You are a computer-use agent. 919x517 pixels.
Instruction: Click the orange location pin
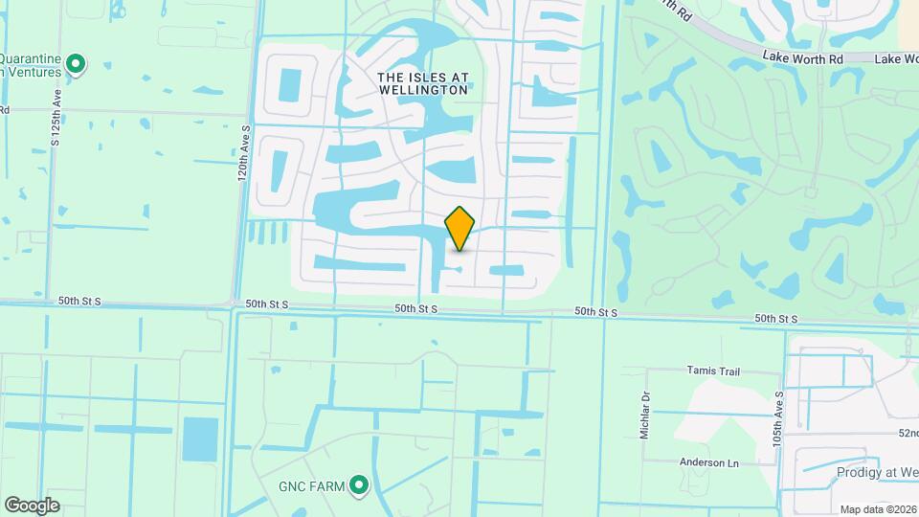460,228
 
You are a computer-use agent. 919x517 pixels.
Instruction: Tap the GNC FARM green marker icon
359,486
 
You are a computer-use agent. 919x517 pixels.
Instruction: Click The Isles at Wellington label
422,82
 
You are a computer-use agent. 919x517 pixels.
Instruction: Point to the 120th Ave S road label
245,152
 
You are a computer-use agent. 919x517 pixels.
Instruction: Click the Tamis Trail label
720,370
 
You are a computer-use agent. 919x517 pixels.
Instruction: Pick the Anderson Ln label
709,462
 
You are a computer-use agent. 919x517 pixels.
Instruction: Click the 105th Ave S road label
780,416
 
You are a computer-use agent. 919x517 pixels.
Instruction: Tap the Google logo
32,505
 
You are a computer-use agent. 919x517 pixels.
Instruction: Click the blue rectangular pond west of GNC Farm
200,439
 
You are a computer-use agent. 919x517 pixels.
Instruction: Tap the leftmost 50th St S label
78,303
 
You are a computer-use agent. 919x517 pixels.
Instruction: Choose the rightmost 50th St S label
775,318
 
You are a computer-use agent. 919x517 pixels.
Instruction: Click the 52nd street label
907,433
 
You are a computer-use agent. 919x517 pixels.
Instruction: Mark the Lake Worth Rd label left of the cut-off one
802,57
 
